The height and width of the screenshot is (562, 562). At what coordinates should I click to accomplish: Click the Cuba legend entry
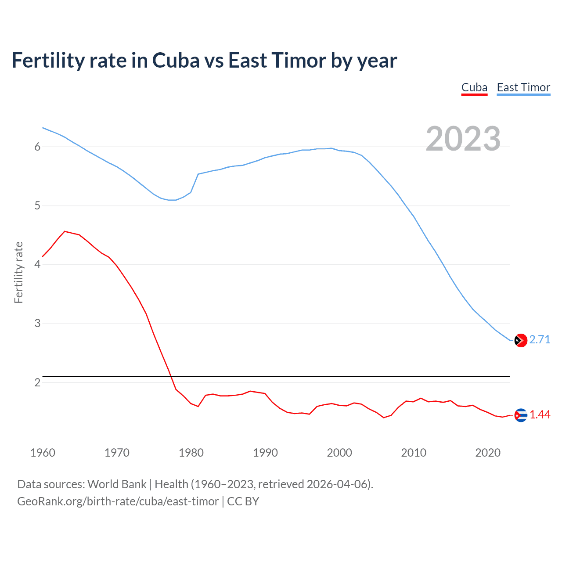coord(474,87)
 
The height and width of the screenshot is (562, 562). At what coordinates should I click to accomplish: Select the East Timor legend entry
coord(523,87)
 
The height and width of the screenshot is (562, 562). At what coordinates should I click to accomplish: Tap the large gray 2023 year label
coord(463,139)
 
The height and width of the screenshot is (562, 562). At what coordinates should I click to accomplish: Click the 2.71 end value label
coord(540,339)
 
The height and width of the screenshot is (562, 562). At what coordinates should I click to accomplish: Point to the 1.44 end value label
coord(540,414)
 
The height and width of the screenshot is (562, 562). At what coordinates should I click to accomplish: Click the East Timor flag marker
coord(521,340)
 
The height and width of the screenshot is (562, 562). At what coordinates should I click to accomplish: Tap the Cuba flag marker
coord(521,415)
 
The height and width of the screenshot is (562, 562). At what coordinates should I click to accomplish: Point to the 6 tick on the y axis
coord(37,147)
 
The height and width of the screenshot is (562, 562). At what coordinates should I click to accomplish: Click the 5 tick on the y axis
coord(37,205)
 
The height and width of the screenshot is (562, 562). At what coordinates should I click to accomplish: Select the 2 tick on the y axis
coord(37,382)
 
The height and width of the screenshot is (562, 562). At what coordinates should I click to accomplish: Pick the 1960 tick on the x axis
coord(43,453)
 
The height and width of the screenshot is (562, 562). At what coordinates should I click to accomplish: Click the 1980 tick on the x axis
coord(191,453)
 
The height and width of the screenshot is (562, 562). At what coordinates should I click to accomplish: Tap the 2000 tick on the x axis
coord(339,453)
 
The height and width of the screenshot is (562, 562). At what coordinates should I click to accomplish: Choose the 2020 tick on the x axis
coord(488,453)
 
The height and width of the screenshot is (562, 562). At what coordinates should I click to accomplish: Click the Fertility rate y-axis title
coord(18,272)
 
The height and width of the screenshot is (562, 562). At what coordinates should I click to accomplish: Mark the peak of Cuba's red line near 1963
coord(65,231)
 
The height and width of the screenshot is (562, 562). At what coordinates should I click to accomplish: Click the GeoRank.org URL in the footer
coord(118,501)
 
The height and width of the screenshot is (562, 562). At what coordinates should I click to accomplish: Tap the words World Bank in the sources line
coord(117,484)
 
